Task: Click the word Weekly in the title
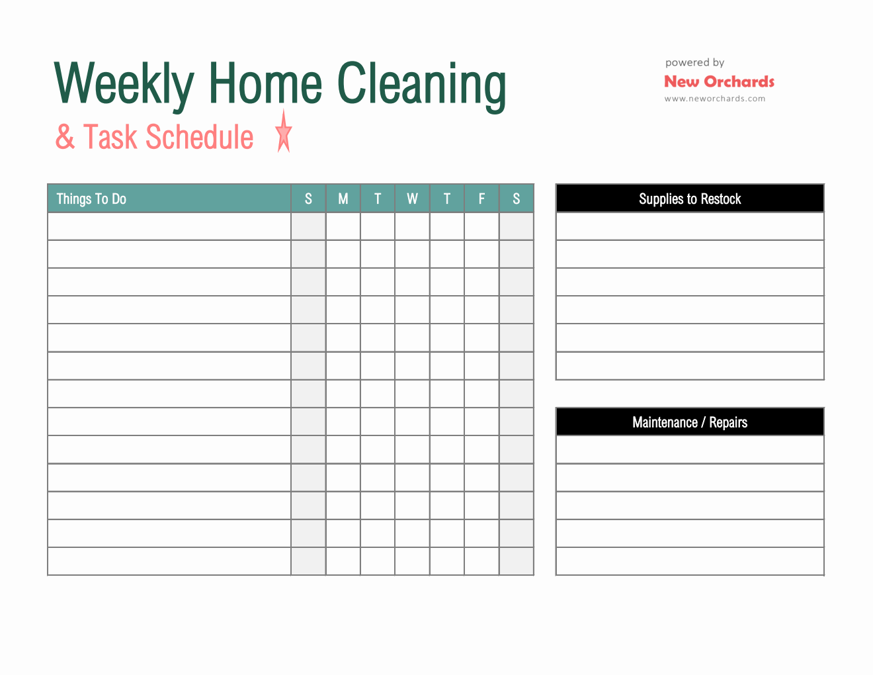[124, 85]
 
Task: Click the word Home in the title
[265, 83]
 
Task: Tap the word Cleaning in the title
[421, 85]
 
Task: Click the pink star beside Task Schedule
[284, 132]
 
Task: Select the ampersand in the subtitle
[65, 137]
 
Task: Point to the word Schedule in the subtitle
[200, 137]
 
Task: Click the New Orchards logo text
[719, 81]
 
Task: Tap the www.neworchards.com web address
[715, 99]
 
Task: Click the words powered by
[694, 63]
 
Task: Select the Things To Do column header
[91, 199]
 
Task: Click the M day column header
[343, 199]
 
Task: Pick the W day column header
[412, 199]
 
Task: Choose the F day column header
[481, 199]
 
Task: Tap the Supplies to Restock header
[690, 199]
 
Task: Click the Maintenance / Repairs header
[690, 422]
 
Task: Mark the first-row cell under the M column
[343, 226]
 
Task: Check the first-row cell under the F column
[481, 226]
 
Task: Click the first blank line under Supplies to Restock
[690, 226]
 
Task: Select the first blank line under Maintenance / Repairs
[690, 450]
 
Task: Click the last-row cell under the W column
[412, 561]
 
